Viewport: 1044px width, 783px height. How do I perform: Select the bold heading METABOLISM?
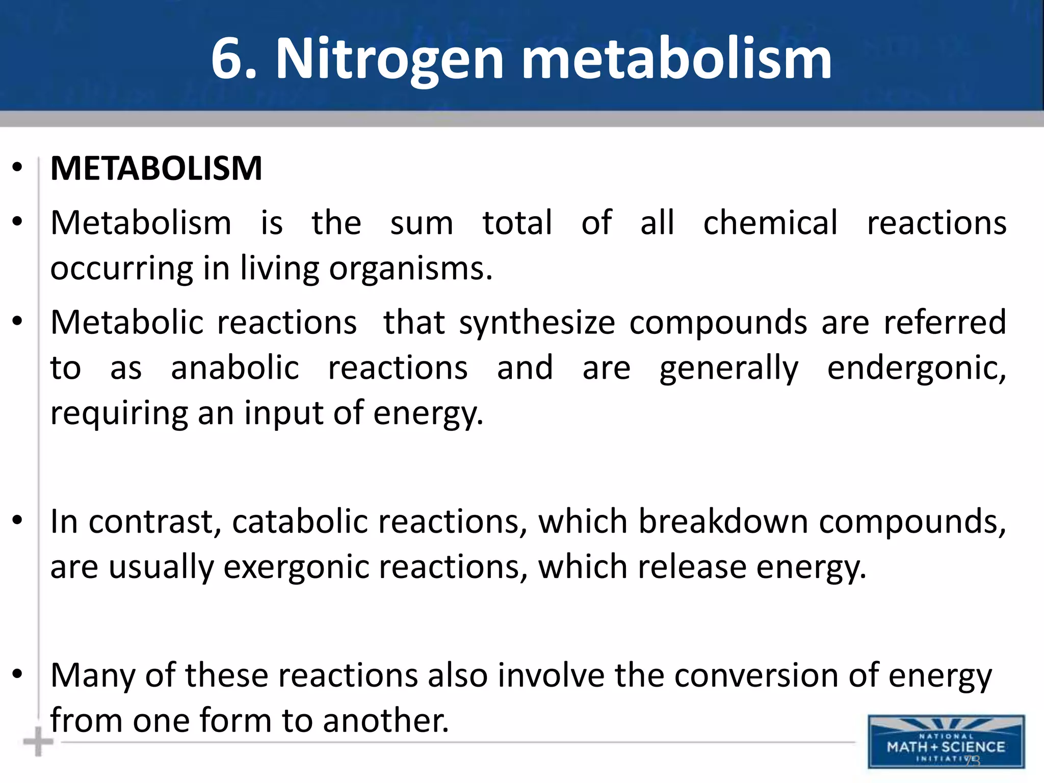(x=156, y=168)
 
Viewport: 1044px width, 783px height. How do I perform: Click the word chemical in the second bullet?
(x=770, y=223)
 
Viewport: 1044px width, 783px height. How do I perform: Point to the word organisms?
(x=410, y=269)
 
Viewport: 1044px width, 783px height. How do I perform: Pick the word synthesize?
(x=537, y=323)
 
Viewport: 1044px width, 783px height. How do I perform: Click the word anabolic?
(x=235, y=368)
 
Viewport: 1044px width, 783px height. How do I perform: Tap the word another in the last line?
(x=385, y=721)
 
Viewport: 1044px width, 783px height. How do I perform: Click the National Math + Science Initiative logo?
(x=946, y=742)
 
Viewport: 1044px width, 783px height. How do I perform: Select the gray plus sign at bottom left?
(x=38, y=742)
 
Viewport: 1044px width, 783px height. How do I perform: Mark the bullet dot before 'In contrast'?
(x=18, y=520)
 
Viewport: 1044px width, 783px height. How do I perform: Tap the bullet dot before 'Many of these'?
(x=18, y=674)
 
